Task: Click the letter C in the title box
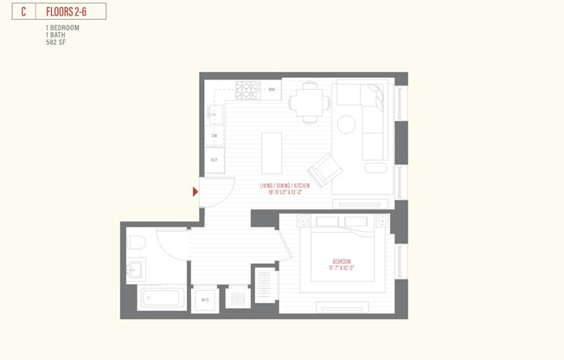coord(23,11)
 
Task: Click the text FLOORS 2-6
coord(67,11)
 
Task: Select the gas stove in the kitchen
coord(247,89)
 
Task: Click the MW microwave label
coord(271,89)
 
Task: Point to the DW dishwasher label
coord(215,136)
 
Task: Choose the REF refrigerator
coord(215,159)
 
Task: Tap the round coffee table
coord(347,124)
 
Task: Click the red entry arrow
coord(195,191)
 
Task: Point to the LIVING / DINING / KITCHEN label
coord(285,186)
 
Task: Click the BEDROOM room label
coord(342,260)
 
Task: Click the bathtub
coord(162,299)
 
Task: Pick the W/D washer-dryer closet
coord(206,299)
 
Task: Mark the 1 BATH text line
coord(54,35)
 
